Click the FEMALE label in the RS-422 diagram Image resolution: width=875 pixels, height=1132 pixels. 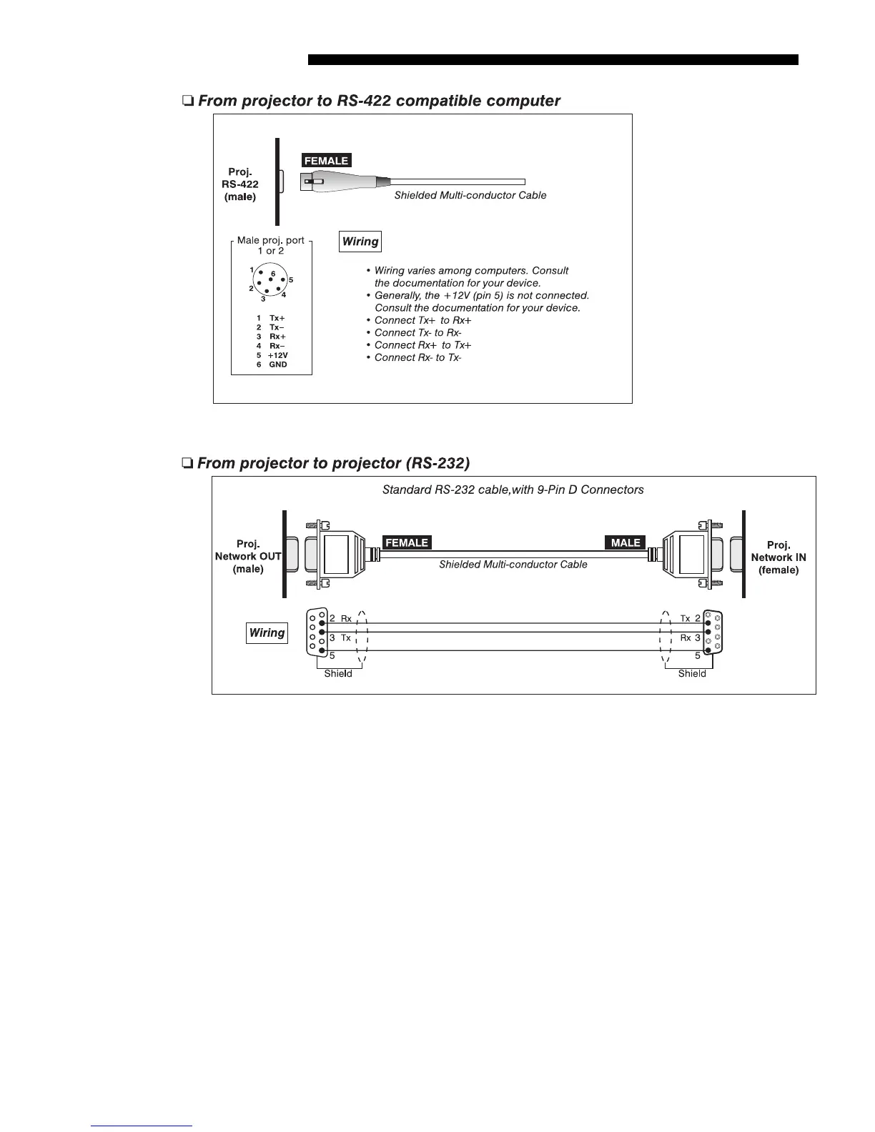click(x=326, y=161)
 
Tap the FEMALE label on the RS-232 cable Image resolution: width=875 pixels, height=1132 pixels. click(x=407, y=542)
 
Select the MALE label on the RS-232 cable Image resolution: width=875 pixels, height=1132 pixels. click(x=626, y=542)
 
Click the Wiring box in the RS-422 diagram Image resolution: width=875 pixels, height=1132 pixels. click(x=360, y=242)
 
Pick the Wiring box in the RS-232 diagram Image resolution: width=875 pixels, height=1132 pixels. click(x=267, y=633)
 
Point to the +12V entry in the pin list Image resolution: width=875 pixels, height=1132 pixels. click(x=272, y=355)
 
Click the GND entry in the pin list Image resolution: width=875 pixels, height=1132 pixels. click(x=272, y=364)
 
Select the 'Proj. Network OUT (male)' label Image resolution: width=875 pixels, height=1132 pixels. click(x=248, y=557)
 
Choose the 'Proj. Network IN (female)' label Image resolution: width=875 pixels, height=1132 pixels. click(x=778, y=557)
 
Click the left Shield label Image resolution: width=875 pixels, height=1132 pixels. click(x=338, y=674)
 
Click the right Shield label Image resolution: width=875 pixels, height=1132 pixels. click(x=692, y=674)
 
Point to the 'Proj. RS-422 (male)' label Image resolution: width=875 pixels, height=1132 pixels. click(x=240, y=184)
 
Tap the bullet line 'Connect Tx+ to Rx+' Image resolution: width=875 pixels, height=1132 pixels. click(x=422, y=320)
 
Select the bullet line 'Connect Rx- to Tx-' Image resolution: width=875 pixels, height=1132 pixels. click(x=417, y=357)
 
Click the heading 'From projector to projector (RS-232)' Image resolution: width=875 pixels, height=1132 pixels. click(x=333, y=463)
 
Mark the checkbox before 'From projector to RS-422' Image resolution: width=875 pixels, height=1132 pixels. click(x=187, y=101)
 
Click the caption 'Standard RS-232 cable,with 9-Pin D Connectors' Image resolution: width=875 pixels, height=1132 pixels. click(x=513, y=490)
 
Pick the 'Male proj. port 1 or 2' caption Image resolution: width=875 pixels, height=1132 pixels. click(x=271, y=245)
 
